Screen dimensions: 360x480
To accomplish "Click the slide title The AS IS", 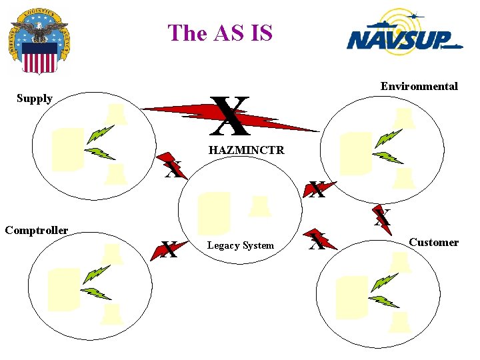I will pyautogui.click(x=221, y=33).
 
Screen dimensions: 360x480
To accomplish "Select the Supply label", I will pyautogui.click(x=35, y=99).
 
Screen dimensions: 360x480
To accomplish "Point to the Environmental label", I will pyautogui.click(x=419, y=86).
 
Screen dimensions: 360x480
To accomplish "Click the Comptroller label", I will pyautogui.click(x=36, y=231).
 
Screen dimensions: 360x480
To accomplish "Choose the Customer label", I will pyautogui.click(x=433, y=243).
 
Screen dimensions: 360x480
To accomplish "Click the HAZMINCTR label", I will pyautogui.click(x=246, y=151).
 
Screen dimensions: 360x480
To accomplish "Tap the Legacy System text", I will pyautogui.click(x=240, y=246).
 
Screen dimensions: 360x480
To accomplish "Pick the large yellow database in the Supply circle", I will pyautogui.click(x=67, y=149).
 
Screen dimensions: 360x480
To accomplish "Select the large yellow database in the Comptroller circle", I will pyautogui.click(x=64, y=289).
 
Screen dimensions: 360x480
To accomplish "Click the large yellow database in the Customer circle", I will pyautogui.click(x=351, y=296).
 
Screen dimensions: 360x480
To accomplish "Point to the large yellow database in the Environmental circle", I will pyautogui.click(x=355, y=153).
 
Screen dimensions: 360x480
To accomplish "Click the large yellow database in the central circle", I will pyautogui.click(x=214, y=213).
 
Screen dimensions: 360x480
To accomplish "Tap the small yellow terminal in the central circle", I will pyautogui.click(x=259, y=206).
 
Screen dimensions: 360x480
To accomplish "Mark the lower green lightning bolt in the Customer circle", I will pyautogui.click(x=383, y=301).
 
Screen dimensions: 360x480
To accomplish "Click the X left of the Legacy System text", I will pyautogui.click(x=169, y=251).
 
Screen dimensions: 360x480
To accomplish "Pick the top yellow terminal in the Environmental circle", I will pyautogui.click(x=404, y=119).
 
